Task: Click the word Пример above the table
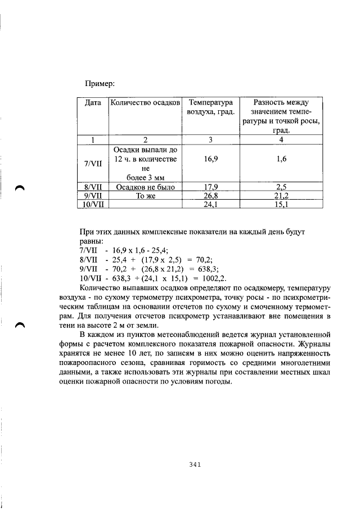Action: pyautogui.click(x=100, y=83)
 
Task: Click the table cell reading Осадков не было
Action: pyautogui.click(x=145, y=187)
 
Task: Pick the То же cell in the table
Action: pyautogui.click(x=145, y=196)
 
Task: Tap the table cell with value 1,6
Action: pyautogui.click(x=281, y=159)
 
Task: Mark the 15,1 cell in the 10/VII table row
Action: pyautogui.click(x=281, y=205)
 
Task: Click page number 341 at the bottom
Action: pyautogui.click(x=195, y=465)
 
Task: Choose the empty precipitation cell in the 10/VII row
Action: pyautogui.click(x=145, y=205)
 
